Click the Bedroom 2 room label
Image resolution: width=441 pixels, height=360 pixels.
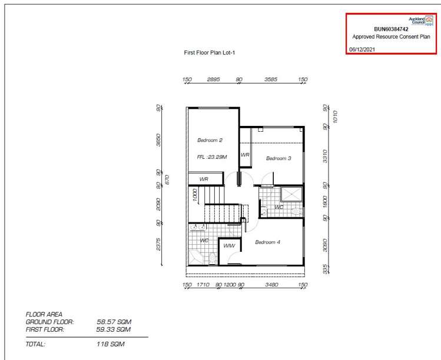point(210,140)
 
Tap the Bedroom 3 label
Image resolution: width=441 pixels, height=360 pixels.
point(278,158)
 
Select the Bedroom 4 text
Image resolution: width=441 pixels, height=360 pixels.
point(267,242)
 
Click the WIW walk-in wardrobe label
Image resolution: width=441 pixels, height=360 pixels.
point(229,246)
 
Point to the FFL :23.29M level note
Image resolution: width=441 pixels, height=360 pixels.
point(212,157)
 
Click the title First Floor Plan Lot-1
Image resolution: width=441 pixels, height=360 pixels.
point(209,52)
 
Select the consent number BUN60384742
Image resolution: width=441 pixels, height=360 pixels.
point(391,29)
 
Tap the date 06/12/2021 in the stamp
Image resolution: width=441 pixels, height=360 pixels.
point(362,49)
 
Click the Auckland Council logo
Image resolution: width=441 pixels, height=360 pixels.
point(421,21)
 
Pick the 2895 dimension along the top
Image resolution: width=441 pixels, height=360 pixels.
point(214,79)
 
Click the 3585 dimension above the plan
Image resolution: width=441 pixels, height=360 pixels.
point(271,79)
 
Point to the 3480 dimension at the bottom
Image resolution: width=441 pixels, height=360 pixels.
point(271,285)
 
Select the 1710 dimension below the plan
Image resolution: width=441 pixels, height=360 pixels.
point(203,285)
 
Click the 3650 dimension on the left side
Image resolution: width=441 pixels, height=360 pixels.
point(158,139)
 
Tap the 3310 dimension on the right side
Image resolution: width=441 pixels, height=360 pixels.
point(325,156)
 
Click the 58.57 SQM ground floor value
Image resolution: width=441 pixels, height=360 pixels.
point(114,322)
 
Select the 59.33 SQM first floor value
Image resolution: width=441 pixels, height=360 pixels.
point(114,329)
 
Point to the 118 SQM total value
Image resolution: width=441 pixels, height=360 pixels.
point(110,344)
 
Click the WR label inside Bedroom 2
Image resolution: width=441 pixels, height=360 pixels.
point(204,179)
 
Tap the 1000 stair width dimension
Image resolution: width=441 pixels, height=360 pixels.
point(195,195)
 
